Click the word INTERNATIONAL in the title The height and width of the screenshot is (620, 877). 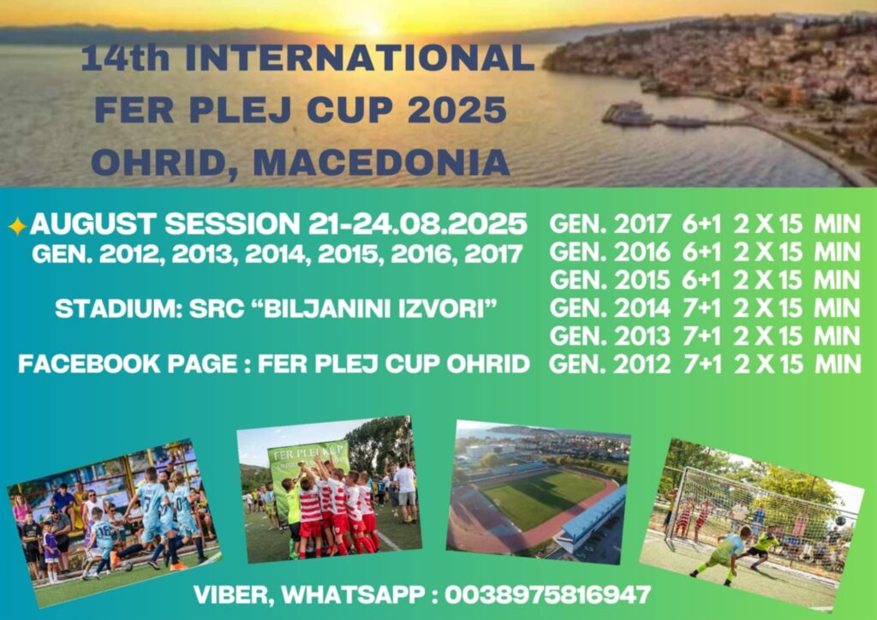coord(360,58)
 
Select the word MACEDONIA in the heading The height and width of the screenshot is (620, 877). coord(381,162)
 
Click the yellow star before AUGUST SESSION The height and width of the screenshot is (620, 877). coord(17,226)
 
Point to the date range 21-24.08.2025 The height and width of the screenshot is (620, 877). coord(418,224)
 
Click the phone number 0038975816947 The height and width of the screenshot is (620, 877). coord(548,594)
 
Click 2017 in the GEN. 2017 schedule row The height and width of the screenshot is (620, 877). coord(642,224)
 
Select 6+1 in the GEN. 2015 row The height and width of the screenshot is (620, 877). coord(701,280)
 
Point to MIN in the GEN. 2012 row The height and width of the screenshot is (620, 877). coord(838,364)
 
